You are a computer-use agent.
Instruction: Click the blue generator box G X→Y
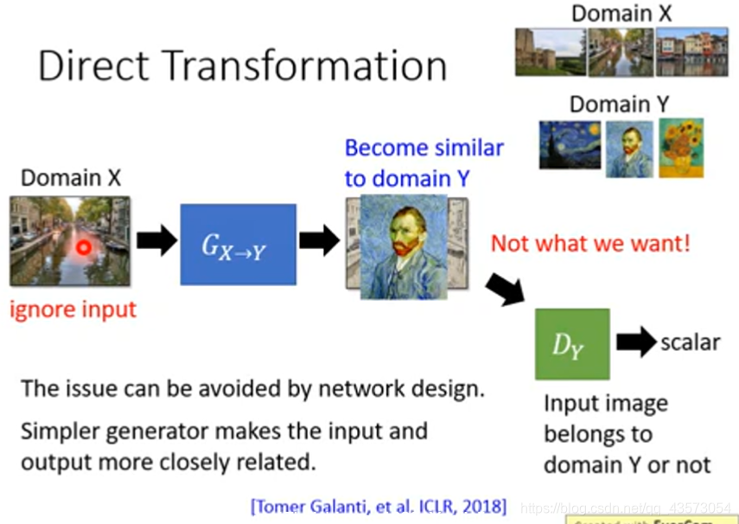point(238,245)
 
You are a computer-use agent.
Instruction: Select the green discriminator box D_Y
point(572,343)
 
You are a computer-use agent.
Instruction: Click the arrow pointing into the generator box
point(156,241)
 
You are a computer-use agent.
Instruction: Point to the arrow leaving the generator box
point(319,240)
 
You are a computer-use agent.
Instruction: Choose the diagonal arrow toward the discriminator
point(504,288)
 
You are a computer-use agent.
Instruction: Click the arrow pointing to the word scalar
point(635,342)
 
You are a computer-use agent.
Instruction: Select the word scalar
point(690,342)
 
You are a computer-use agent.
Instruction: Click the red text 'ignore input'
point(73,309)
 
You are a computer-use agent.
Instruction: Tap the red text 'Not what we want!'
point(590,243)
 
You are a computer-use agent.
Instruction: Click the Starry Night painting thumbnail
point(570,144)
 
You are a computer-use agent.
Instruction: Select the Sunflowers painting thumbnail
point(681,148)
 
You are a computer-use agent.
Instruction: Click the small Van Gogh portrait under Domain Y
point(628,149)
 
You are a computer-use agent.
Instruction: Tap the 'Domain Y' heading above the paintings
point(621,105)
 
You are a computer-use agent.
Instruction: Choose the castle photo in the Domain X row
point(550,51)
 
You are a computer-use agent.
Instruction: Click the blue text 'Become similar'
point(424,148)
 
